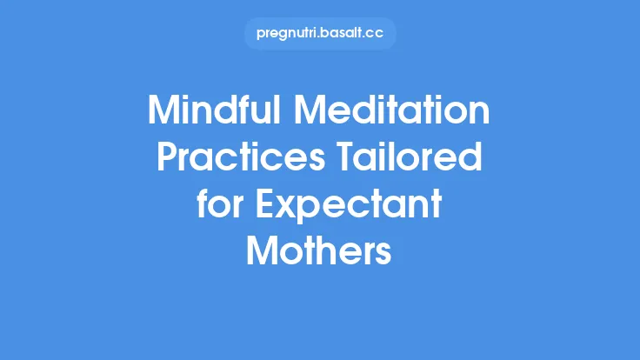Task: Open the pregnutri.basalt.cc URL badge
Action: [320, 34]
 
